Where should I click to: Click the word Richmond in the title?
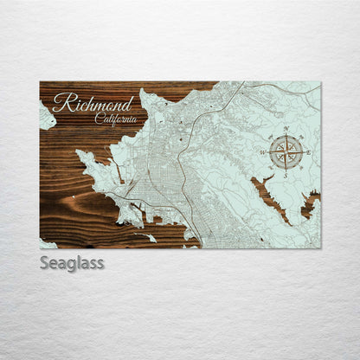pyautogui.click(x=93, y=104)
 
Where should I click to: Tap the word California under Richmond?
pyautogui.click(x=115, y=119)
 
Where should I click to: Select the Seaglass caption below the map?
pyautogui.click(x=71, y=262)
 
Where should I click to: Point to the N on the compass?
pyautogui.click(x=286, y=129)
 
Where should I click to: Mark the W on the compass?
pyautogui.click(x=263, y=151)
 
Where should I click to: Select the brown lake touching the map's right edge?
pyautogui.click(x=311, y=205)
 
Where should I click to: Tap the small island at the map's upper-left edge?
pyautogui.click(x=47, y=115)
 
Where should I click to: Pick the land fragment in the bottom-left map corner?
pyautogui.click(x=48, y=243)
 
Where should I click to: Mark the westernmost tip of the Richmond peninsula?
pyautogui.click(x=79, y=156)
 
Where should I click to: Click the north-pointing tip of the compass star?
pyautogui.click(x=286, y=135)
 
